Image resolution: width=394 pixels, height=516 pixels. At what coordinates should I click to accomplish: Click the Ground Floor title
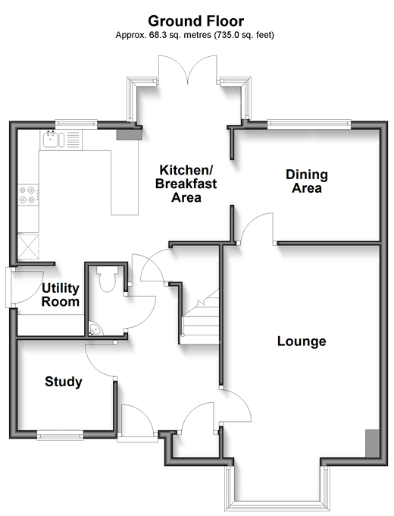[x=195, y=21]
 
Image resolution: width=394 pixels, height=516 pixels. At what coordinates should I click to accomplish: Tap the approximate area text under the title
[x=195, y=35]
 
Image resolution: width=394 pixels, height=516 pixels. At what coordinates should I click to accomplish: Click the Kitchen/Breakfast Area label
[x=186, y=184]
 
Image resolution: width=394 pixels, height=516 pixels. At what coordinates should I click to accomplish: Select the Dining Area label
[x=307, y=181]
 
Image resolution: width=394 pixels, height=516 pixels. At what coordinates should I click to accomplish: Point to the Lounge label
[x=302, y=341]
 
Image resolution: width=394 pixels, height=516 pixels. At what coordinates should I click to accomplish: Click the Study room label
[x=64, y=382]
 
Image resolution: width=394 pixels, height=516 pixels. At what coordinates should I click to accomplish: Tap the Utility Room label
[x=61, y=295]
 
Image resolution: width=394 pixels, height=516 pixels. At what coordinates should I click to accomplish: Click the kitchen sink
[x=52, y=140]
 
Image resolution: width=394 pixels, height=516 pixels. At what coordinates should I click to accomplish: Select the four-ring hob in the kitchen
[x=28, y=195]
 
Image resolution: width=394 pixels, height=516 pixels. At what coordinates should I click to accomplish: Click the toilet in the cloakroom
[x=107, y=278]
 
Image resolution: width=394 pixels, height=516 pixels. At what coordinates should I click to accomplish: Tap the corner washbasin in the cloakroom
[x=95, y=329]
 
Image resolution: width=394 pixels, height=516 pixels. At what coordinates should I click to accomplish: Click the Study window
[x=60, y=436]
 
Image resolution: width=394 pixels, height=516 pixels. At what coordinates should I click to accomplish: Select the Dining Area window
[x=309, y=124]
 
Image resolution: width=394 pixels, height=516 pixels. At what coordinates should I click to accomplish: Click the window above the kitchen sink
[x=77, y=124]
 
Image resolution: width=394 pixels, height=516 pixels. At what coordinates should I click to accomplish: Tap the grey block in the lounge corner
[x=372, y=443]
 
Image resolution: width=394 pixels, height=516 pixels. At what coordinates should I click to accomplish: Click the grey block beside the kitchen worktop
[x=129, y=134]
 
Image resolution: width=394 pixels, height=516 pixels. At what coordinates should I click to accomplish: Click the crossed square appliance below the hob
[x=28, y=247]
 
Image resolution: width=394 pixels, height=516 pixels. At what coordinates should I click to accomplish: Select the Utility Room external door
[x=9, y=288]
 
